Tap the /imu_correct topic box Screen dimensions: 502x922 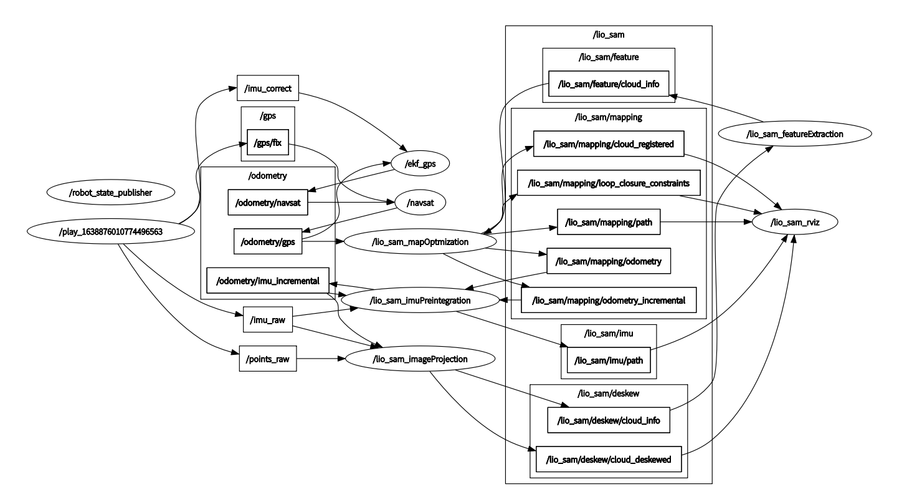coord(268,88)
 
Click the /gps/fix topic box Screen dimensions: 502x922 coord(267,142)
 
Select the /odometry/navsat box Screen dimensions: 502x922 coord(268,202)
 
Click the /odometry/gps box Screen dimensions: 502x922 coord(268,241)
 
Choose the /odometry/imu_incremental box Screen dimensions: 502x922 coord(268,281)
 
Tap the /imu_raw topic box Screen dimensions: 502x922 coord(267,320)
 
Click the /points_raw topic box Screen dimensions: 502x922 coord(267,359)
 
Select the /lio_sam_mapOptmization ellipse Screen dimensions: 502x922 coord(420,241)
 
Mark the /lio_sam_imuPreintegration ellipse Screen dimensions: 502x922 coord(420,301)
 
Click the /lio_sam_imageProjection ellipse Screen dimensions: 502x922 coord(420,359)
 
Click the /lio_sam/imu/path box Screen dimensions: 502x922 coord(608,359)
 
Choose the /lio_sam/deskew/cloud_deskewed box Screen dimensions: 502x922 coord(608,460)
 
